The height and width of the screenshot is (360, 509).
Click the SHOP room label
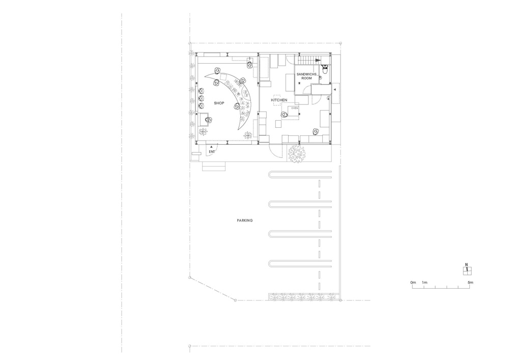219,103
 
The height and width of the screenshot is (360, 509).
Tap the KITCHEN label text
279,100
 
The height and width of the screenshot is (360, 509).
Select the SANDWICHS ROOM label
307,76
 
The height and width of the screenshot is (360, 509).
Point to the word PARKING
245,220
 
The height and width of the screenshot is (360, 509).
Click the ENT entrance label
212,152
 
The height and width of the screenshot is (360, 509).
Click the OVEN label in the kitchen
294,108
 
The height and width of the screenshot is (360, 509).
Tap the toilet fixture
324,67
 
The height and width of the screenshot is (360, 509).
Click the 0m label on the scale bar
413,282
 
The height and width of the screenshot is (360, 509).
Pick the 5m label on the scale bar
470,282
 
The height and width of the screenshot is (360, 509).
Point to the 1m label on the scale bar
425,282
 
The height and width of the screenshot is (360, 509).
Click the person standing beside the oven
283,115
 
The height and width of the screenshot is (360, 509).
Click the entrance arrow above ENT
212,147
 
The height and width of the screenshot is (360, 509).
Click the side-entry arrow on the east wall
334,89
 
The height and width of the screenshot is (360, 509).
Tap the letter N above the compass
466,264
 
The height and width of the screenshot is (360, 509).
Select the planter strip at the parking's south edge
303,297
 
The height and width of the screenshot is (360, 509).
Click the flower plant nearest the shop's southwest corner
203,132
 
